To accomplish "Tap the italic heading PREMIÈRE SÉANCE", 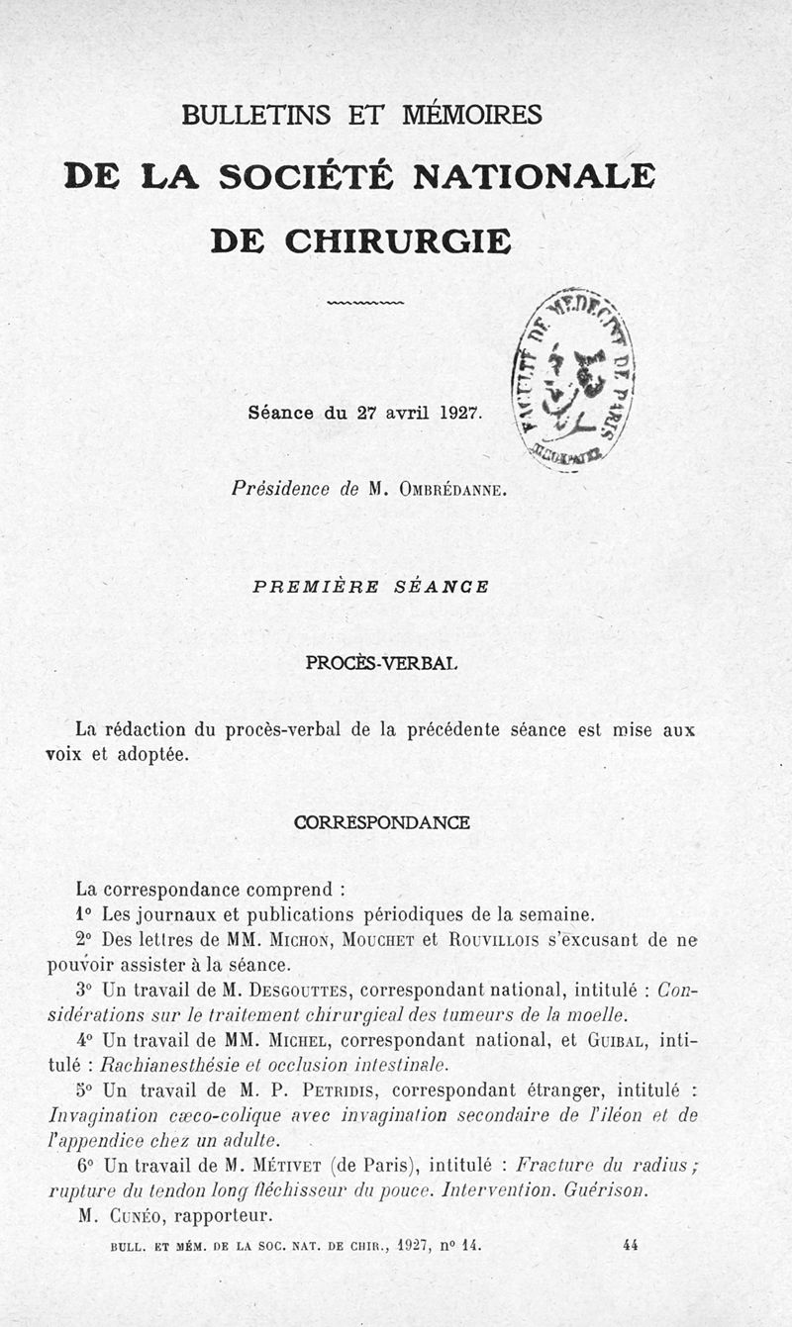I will tap(370, 586).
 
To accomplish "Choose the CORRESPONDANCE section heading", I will tap(382, 822).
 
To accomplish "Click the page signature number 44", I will tap(631, 1244).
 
